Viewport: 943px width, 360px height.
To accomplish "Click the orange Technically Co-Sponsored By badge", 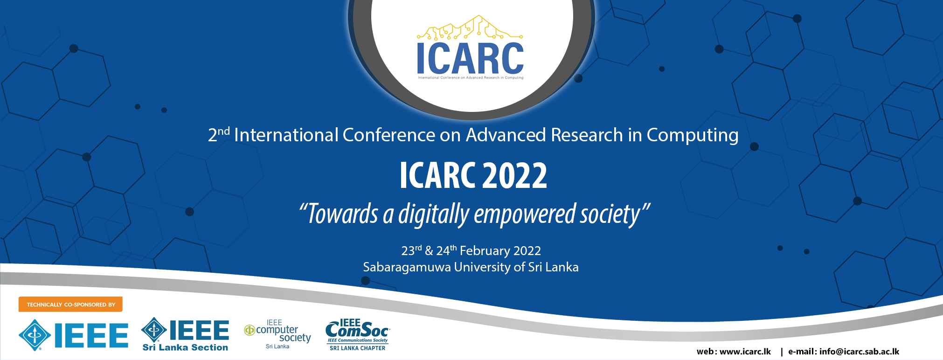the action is click(x=70, y=305).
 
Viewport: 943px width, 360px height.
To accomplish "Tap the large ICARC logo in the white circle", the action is click(x=470, y=48).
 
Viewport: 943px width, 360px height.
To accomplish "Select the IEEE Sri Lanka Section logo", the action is click(x=185, y=334).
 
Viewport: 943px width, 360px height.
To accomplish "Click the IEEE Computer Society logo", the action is click(x=277, y=334).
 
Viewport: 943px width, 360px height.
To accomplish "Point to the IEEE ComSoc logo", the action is click(x=358, y=334).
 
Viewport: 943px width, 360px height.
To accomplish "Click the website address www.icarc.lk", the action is click(x=745, y=352).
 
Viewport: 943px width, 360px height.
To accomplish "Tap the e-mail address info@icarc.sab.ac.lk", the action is click(x=859, y=352).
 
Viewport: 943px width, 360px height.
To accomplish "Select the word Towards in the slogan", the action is click(x=343, y=214).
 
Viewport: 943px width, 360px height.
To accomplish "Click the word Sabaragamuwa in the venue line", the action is click(x=407, y=267).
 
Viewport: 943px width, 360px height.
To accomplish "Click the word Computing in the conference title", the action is click(x=693, y=135).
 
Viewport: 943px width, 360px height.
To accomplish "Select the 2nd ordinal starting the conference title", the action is click(x=219, y=134).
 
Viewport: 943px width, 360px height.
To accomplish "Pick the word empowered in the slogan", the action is click(x=525, y=215).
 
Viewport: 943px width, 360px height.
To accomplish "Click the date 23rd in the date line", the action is click(x=411, y=250).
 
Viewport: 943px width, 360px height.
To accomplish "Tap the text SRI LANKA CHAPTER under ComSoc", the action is click(x=358, y=348).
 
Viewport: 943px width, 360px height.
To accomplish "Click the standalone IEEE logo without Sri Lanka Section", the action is click(x=73, y=335).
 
